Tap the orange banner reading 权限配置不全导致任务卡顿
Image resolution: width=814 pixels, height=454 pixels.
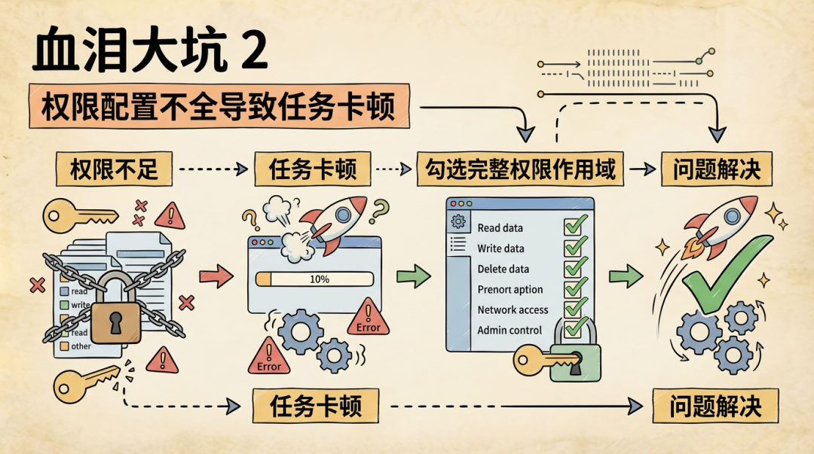point(219,105)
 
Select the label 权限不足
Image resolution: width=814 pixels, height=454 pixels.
point(114,169)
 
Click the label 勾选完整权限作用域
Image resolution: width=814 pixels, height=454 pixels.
point(520,169)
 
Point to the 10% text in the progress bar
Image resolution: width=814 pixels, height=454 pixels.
point(320,279)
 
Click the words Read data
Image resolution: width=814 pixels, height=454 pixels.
point(500,228)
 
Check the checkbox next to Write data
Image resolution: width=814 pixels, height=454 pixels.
point(575,247)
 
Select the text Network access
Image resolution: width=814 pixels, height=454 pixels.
point(513,309)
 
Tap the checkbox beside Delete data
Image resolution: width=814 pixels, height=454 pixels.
point(575,267)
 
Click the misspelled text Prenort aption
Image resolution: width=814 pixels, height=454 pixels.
point(510,290)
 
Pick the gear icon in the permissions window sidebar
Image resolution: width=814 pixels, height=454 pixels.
point(458,221)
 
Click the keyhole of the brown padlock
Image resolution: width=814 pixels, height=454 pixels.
point(115,322)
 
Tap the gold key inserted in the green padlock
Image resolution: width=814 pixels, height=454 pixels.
point(545,361)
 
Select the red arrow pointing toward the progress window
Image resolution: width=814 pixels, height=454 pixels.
point(216,276)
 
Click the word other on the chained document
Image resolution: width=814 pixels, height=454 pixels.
point(81,346)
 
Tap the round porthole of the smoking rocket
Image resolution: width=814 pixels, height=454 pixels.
point(343,215)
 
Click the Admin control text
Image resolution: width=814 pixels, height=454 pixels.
point(510,330)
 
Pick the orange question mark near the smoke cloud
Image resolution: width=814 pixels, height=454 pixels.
point(251,220)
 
